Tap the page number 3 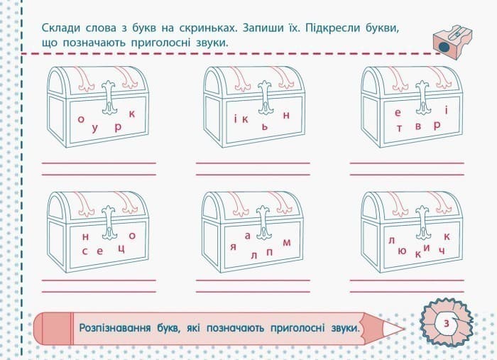(445, 323)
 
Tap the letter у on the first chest (94, 129)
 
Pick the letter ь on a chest (263, 126)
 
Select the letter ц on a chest (121, 249)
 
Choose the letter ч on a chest (442, 251)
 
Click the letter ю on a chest (402, 251)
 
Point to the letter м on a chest (287, 243)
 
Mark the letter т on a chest (399, 129)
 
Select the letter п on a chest (269, 251)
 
